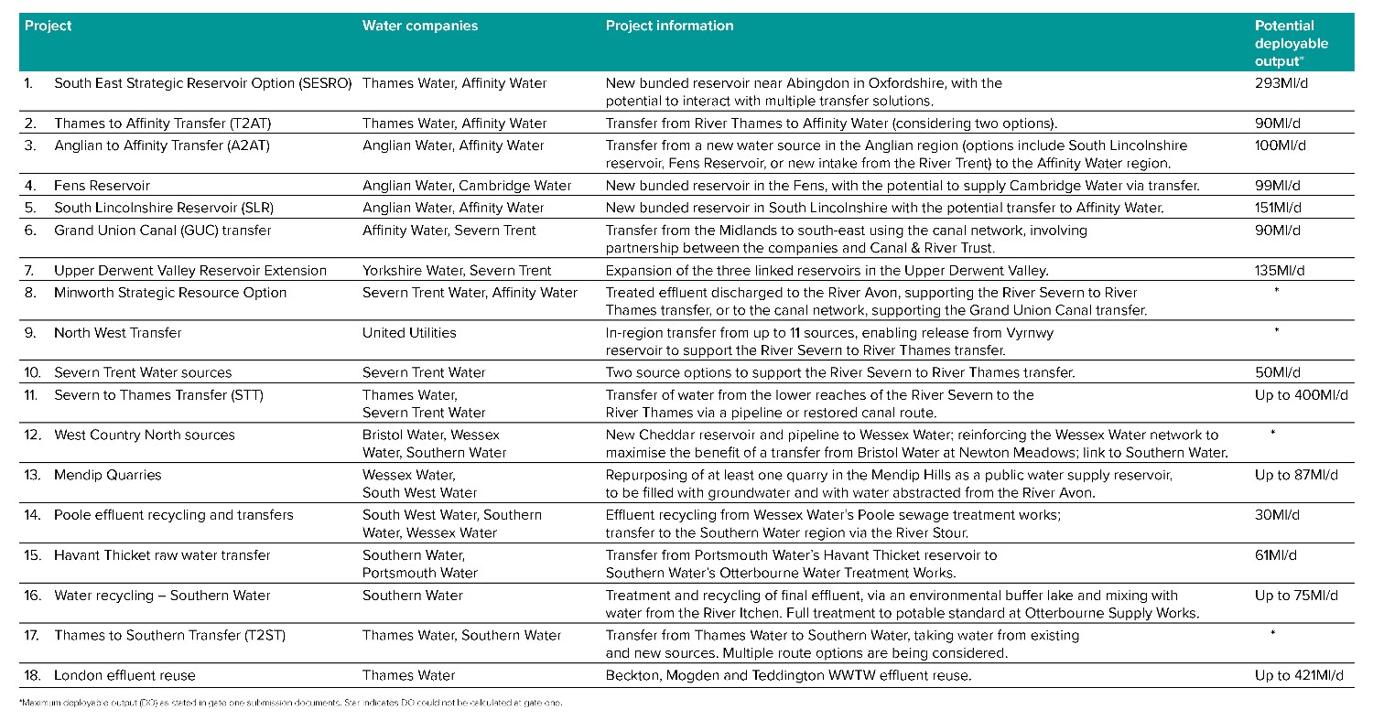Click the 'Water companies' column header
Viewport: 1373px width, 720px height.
420,26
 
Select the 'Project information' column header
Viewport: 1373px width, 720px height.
669,26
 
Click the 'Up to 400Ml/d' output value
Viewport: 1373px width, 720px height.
1301,394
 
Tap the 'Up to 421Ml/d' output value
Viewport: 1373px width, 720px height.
1300,676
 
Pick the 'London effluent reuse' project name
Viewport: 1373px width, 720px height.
124,676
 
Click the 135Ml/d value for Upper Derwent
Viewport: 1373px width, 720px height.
1279,271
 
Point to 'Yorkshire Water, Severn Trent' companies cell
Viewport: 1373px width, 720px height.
457,271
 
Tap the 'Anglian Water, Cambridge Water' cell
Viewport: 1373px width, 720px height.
467,186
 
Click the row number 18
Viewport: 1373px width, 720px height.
33,676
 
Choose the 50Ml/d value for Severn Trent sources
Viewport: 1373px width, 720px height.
1275,372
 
